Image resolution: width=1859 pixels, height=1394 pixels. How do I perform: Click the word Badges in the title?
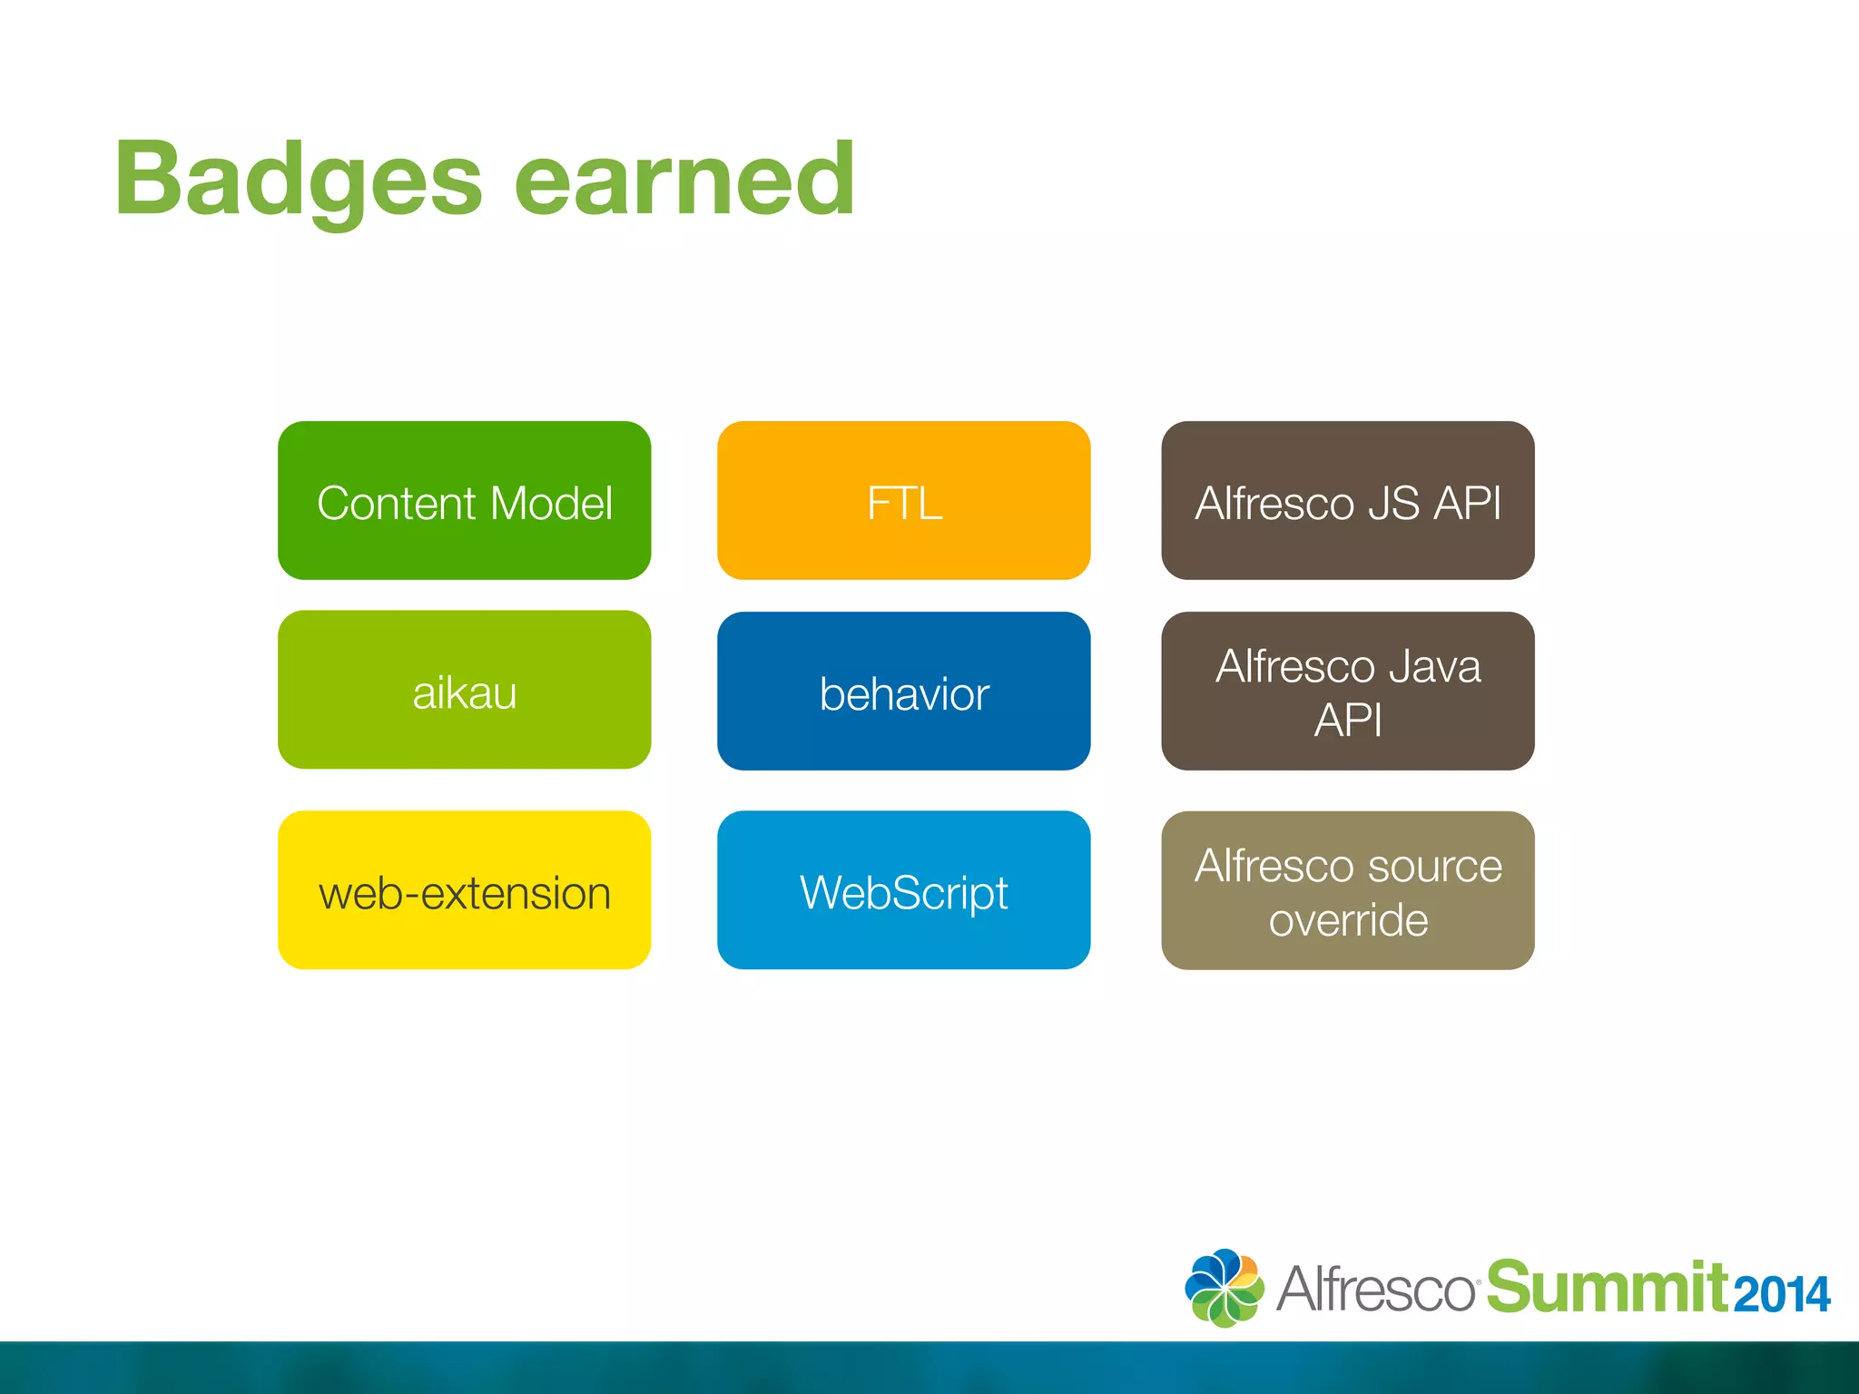pyautogui.click(x=298, y=182)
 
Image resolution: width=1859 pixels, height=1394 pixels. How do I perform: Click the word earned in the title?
pyautogui.click(x=684, y=182)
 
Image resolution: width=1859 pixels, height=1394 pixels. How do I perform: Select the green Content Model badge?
pyautogui.click(x=464, y=500)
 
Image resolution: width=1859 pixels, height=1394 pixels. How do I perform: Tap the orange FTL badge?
pyautogui.click(x=903, y=500)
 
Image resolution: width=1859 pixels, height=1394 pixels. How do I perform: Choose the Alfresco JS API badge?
pyautogui.click(x=1347, y=500)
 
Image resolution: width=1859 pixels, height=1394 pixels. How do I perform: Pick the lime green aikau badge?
pyautogui.click(x=464, y=690)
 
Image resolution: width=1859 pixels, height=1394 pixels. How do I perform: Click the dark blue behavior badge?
pyautogui.click(x=903, y=692)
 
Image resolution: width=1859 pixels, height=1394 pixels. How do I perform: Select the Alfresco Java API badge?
pyautogui.click(x=1347, y=692)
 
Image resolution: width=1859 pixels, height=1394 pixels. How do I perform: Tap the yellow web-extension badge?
pyautogui.click(x=464, y=890)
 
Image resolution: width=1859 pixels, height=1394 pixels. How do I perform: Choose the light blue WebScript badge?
pyautogui.click(x=903, y=890)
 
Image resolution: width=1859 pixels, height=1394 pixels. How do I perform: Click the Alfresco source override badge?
pyautogui.click(x=1347, y=890)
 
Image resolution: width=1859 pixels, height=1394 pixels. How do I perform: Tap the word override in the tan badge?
pyautogui.click(x=1348, y=920)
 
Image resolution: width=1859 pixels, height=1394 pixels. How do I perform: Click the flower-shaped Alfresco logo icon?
pyautogui.click(x=1224, y=1288)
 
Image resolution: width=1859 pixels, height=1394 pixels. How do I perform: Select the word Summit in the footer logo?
pyautogui.click(x=1607, y=1287)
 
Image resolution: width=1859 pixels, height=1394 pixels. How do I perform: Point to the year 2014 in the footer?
pyautogui.click(x=1782, y=1295)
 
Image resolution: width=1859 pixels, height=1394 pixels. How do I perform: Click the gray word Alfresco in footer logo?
pyautogui.click(x=1376, y=1289)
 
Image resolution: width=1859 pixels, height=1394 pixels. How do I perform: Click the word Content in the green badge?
pyautogui.click(x=397, y=504)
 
